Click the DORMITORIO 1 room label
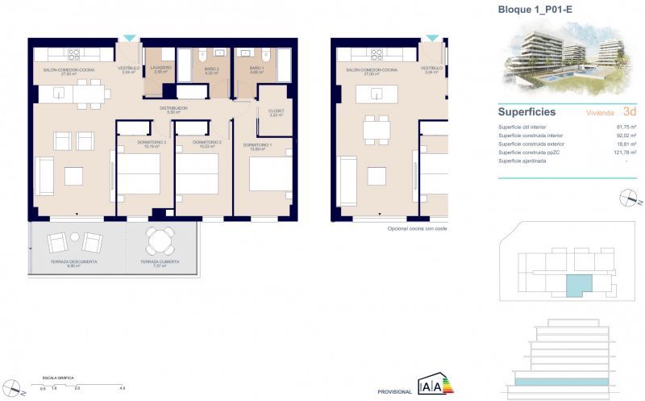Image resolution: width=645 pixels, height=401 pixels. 257,144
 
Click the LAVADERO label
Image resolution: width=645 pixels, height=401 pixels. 160,69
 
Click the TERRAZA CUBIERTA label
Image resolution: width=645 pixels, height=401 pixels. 159,261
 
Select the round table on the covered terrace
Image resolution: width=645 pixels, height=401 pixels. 159,239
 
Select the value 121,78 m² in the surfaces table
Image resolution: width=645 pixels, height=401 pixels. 625,152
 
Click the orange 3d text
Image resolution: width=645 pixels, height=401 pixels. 630,112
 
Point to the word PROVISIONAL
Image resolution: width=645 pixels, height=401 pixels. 395,391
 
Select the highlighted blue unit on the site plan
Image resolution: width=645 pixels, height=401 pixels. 577,283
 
